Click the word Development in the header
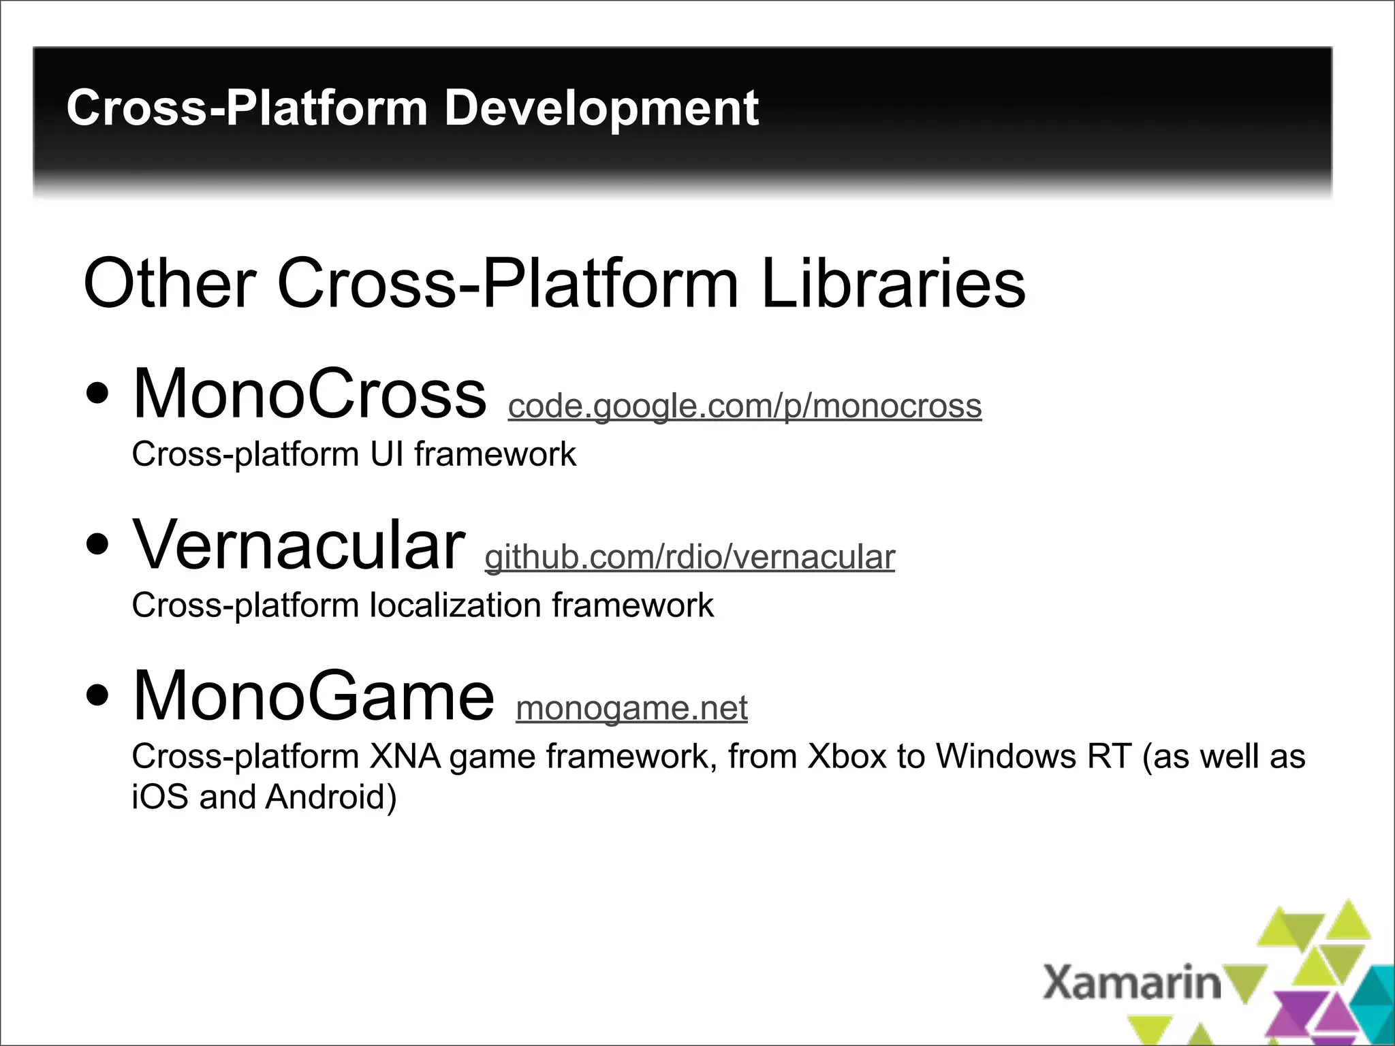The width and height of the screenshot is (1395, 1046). [x=601, y=109]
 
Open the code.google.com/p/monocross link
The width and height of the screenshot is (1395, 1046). [x=744, y=407]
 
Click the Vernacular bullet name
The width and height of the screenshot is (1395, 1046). [x=299, y=545]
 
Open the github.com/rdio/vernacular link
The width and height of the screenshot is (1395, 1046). [x=689, y=558]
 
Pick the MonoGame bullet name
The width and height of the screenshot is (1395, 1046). [x=313, y=695]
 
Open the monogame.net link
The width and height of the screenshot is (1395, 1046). [x=631, y=708]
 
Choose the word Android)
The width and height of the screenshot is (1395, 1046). [x=331, y=797]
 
